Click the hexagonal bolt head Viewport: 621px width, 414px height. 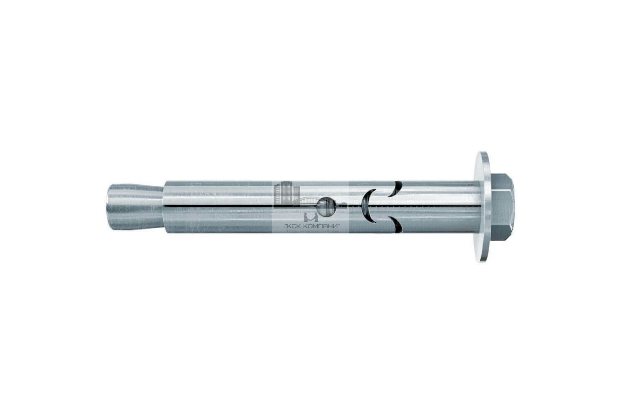tap(502, 207)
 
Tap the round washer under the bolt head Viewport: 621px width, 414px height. tap(483, 207)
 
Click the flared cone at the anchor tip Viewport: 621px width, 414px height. tap(135, 207)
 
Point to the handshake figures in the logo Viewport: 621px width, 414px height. tap(310, 217)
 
